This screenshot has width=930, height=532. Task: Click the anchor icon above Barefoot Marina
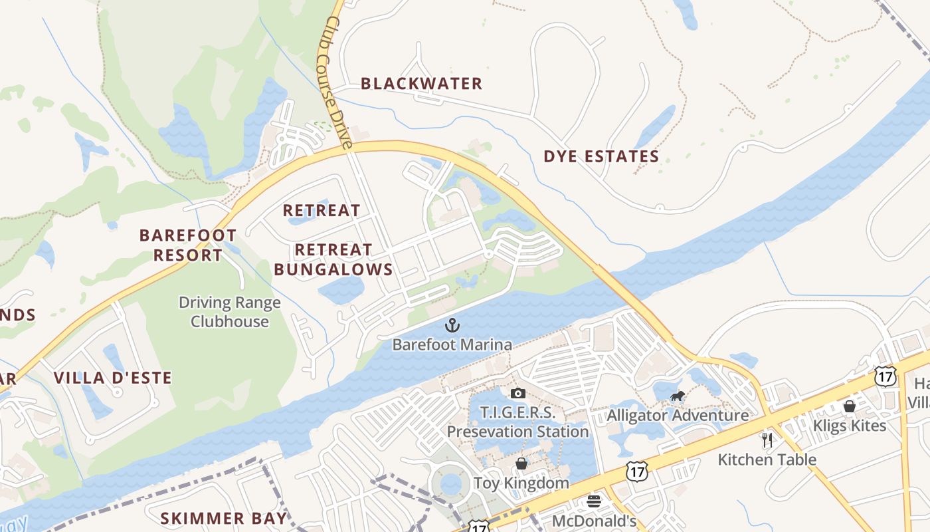452,325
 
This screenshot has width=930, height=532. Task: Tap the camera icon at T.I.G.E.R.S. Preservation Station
518,393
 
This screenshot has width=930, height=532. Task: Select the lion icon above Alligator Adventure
678,398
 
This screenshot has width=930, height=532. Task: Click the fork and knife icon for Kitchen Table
767,440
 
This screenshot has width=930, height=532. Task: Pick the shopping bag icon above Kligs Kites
849,406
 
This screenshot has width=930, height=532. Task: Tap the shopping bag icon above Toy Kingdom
521,463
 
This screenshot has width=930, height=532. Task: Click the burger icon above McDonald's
594,501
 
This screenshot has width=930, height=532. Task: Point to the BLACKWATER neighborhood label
421,84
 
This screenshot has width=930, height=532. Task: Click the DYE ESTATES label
601,157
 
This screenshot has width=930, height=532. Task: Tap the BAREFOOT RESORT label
188,245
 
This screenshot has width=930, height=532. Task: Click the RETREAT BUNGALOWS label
333,259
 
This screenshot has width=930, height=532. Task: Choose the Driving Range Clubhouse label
230,312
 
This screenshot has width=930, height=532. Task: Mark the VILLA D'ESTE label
113,378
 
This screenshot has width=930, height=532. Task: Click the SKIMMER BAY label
224,518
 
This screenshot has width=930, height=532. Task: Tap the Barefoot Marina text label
452,344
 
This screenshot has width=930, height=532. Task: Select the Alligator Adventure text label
678,416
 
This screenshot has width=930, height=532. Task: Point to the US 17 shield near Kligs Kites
885,376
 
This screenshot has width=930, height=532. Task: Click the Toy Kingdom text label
521,483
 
